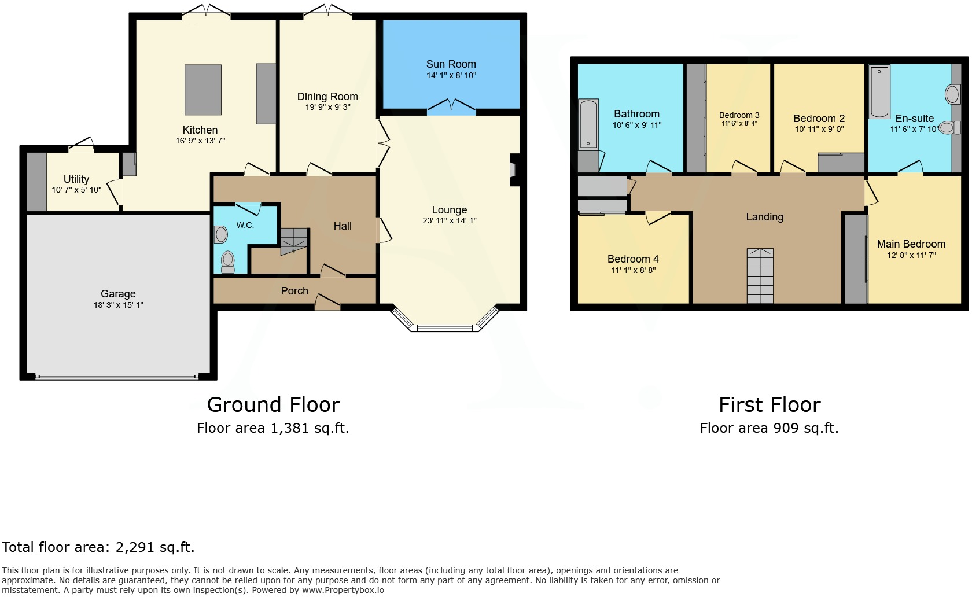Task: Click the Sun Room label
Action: pos(451,64)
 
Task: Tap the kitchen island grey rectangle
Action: pos(203,90)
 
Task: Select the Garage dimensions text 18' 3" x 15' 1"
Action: pos(118,305)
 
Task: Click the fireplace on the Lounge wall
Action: pos(513,170)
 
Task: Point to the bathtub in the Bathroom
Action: pos(588,124)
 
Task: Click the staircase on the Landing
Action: pos(760,276)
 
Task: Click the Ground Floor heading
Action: pos(273,404)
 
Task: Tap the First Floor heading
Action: pos(769,404)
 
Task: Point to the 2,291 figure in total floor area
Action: pos(137,547)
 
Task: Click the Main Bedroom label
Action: pos(911,244)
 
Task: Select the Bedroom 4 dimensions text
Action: pos(633,270)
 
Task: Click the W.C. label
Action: pos(245,225)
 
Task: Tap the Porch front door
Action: pos(327,302)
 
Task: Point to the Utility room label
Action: pos(76,179)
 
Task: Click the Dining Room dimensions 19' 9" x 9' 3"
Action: pos(327,107)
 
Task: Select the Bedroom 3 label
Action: pos(739,115)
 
